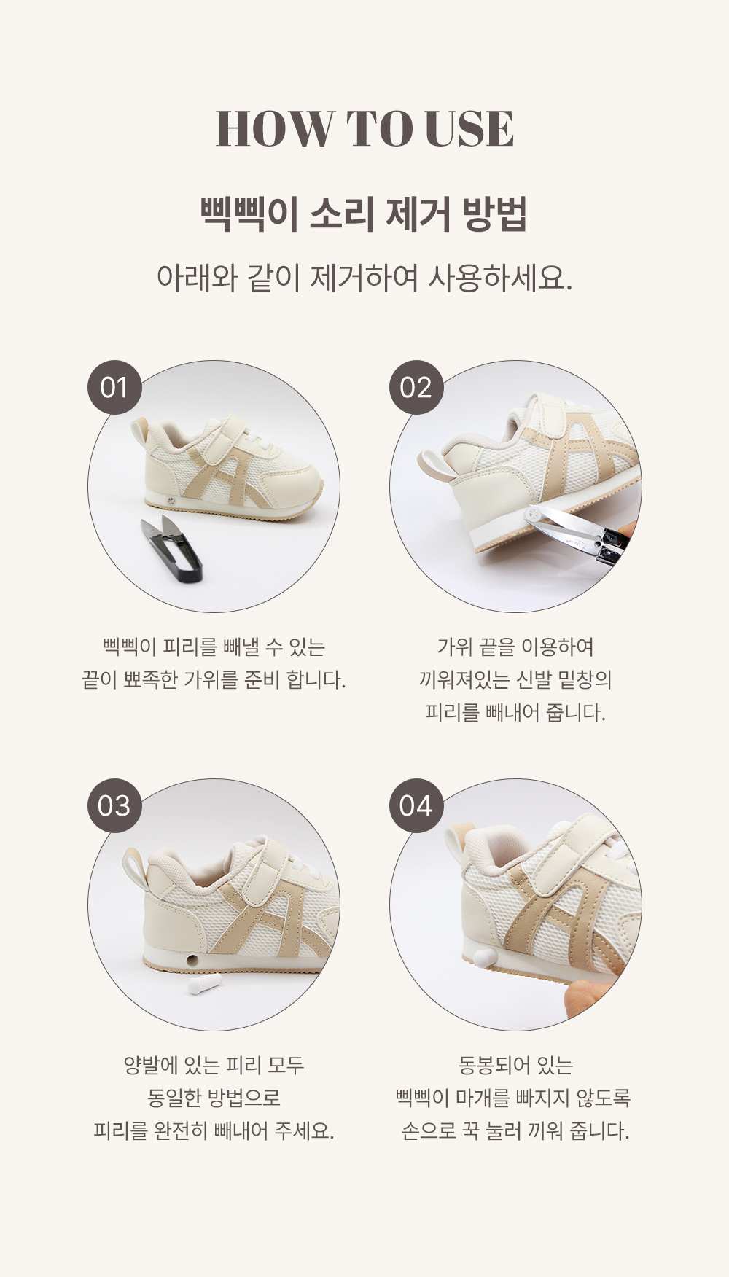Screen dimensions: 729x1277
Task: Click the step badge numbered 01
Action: pos(114,388)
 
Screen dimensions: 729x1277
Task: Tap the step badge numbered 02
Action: pos(416,388)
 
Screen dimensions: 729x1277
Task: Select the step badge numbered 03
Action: pos(114,806)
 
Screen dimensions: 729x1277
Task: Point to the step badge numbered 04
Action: pos(416,806)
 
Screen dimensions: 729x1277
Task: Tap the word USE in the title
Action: pos(469,129)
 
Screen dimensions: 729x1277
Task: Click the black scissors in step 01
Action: pos(169,548)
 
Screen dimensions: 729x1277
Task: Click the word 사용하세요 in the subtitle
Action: pos(499,278)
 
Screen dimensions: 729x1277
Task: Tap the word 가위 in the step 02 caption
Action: pos(453,647)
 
